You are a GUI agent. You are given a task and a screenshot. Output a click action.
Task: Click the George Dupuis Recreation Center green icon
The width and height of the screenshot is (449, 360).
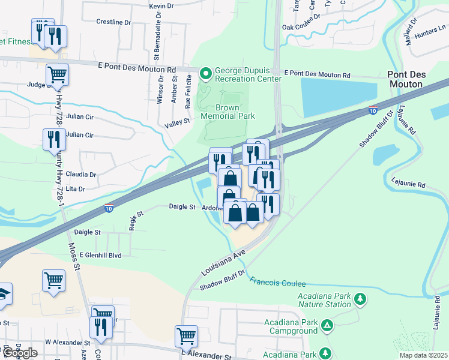[206, 74]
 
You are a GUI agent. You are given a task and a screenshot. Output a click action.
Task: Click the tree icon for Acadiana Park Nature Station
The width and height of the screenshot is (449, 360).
[360, 299]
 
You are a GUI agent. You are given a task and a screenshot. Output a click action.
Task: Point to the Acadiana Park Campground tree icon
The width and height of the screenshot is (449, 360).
[327, 326]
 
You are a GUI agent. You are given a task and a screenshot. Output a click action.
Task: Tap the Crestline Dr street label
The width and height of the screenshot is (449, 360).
[113, 22]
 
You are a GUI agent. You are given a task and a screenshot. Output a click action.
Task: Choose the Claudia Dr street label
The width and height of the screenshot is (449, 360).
[81, 175]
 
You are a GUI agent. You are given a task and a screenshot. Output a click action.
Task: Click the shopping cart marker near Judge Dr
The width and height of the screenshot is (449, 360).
[57, 75]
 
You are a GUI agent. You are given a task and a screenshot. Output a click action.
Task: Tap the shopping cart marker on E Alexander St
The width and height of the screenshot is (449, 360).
[186, 336]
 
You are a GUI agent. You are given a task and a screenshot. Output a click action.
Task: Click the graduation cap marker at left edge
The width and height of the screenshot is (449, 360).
[3, 295]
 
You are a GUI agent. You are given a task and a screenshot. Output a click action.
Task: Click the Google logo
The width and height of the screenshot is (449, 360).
[20, 353]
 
